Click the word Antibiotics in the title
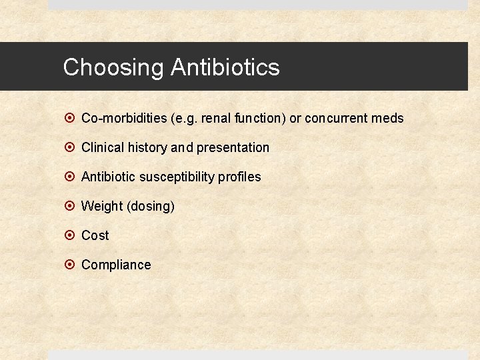[x=225, y=67]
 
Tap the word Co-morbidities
[x=124, y=118]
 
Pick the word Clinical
[x=101, y=147]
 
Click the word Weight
[x=101, y=206]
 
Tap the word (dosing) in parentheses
[x=151, y=206]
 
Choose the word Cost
[x=95, y=235]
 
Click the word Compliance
[x=116, y=265]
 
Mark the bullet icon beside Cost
[x=70, y=235]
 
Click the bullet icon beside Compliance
[x=70, y=265]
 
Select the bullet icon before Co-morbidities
[x=70, y=118]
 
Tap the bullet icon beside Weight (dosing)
[x=70, y=206]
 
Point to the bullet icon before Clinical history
[x=70, y=147]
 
